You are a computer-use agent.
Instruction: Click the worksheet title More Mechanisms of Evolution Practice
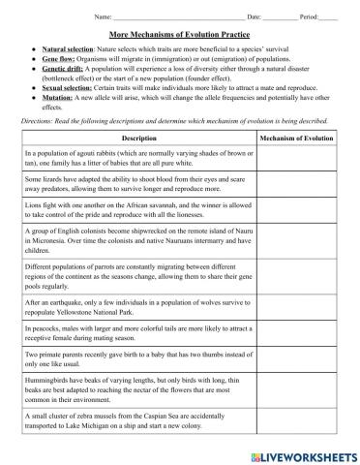pos(181,33)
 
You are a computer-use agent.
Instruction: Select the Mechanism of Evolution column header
pos(298,139)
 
